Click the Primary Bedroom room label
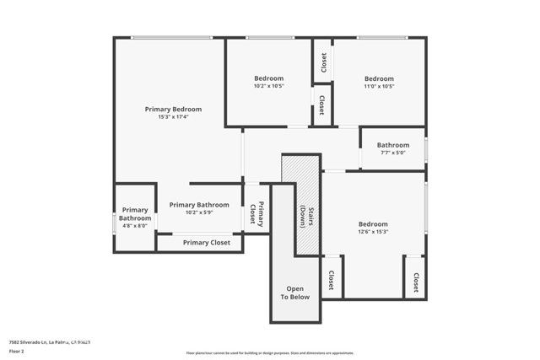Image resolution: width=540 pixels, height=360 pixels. [x=173, y=109]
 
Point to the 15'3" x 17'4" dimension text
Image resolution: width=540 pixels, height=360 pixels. [x=173, y=117]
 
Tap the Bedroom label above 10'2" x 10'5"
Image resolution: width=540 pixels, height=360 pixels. [x=268, y=78]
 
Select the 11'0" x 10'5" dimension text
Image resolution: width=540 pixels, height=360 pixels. [x=379, y=86]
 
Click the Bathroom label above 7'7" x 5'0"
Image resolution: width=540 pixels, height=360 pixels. [x=392, y=145]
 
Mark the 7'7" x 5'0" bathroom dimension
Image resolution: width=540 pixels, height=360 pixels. [x=392, y=153]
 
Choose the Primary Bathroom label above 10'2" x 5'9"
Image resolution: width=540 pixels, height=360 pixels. [x=199, y=205]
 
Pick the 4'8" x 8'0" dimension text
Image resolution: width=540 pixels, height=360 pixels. [x=135, y=226]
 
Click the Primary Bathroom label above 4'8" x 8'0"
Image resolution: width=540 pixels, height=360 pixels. [x=135, y=214]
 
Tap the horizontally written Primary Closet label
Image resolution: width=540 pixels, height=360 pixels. [x=207, y=243]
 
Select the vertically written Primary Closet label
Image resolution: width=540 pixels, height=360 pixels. [x=256, y=216]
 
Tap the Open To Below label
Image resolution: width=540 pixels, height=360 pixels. [x=295, y=293]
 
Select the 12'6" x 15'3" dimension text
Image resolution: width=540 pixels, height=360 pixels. [x=373, y=232]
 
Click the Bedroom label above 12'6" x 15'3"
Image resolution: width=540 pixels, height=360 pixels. [x=373, y=223]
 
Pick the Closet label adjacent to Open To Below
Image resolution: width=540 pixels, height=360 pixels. [x=331, y=280]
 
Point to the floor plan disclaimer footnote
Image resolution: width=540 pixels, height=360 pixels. [x=270, y=352]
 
